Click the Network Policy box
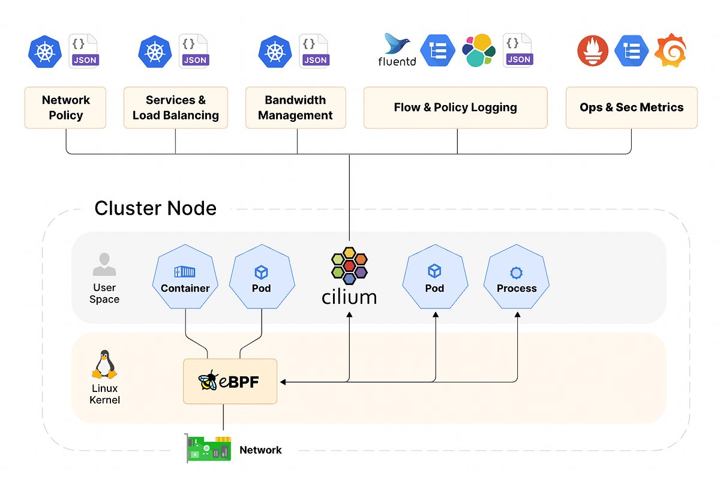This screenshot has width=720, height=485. click(65, 107)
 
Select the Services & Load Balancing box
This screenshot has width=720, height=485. click(176, 107)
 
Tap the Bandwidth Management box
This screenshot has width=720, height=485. click(295, 107)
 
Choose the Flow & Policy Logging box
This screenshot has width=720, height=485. click(455, 107)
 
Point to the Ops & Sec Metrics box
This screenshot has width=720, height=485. click(631, 107)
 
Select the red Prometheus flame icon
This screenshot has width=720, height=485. click(592, 51)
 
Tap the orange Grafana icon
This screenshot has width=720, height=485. click(670, 51)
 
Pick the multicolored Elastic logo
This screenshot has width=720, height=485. click(479, 50)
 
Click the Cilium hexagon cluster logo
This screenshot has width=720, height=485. click(349, 266)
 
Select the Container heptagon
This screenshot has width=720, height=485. click(185, 277)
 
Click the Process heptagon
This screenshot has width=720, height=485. click(517, 277)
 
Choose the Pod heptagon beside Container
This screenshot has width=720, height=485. click(261, 277)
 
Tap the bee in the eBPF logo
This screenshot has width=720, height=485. click(208, 381)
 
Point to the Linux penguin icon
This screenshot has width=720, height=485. click(104, 364)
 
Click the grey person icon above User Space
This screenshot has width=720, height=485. click(104, 264)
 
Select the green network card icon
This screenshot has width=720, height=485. click(208, 448)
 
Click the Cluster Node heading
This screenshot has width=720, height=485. click(155, 208)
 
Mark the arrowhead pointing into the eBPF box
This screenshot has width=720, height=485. click(281, 381)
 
